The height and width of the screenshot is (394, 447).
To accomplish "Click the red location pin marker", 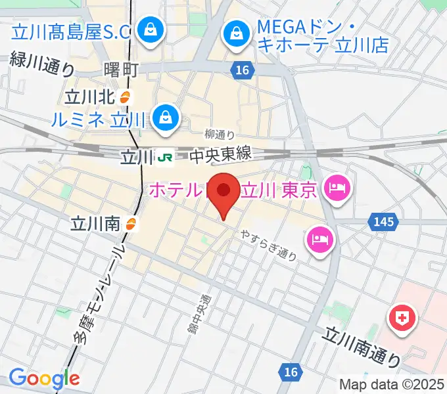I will pyautogui.click(x=223, y=192).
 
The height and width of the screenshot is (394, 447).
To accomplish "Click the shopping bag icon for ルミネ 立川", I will pyautogui.click(x=162, y=118).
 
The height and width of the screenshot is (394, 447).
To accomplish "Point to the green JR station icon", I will pyautogui.click(x=164, y=157).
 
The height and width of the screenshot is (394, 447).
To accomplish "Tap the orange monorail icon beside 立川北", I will pyautogui.click(x=127, y=98).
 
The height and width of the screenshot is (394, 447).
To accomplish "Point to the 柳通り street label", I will pyautogui.click(x=220, y=135).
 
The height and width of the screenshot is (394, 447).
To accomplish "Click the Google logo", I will pyautogui.click(x=44, y=378).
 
